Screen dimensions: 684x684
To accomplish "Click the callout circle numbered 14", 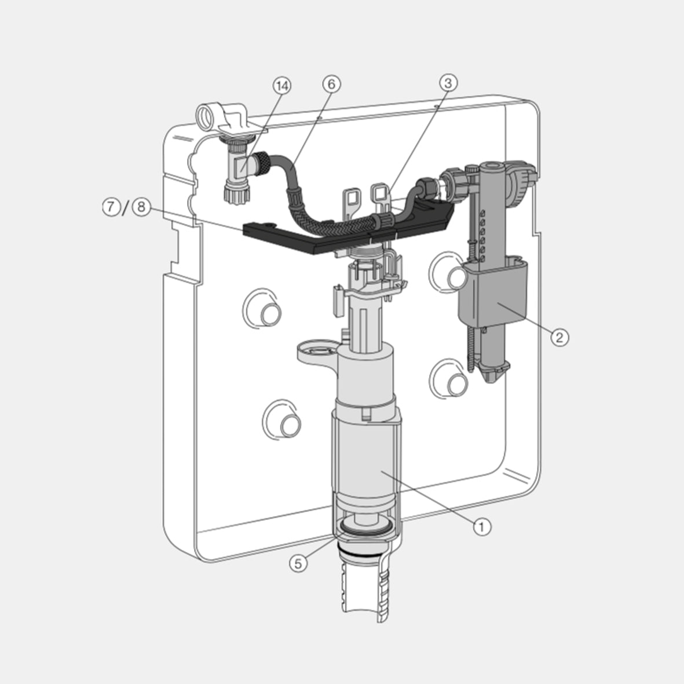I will [282, 86].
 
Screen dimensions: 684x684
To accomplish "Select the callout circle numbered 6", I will [331, 84].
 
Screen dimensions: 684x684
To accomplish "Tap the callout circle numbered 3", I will [447, 82].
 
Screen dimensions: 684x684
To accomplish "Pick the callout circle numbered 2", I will [559, 337].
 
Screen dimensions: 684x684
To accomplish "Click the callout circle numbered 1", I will [482, 526].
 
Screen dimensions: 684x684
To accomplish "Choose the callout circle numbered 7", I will [111, 207].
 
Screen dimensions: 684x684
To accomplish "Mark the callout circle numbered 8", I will [141, 207].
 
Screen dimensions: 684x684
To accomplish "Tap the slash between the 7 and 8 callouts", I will [126, 207].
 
